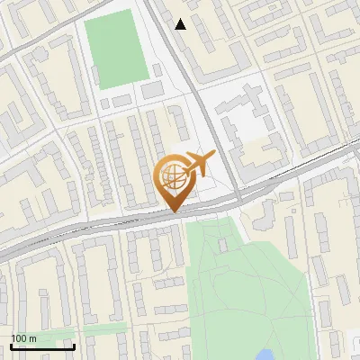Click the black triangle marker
(181, 24)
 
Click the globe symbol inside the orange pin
(175, 175)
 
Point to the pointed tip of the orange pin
(175, 212)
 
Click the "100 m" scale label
(24, 338)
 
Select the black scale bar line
(42, 346)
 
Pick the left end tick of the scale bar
(11, 344)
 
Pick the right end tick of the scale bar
(74, 344)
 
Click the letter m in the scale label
(33, 338)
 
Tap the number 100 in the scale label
(19, 338)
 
